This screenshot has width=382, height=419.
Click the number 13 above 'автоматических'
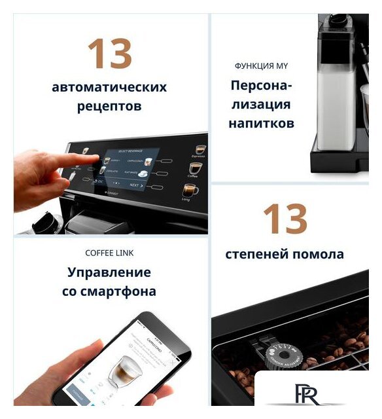(x=110, y=54)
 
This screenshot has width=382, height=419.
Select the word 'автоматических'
(x=109, y=87)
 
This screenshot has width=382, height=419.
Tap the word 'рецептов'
(x=109, y=106)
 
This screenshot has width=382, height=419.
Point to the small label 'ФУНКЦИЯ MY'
(x=261, y=66)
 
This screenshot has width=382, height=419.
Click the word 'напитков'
(x=261, y=123)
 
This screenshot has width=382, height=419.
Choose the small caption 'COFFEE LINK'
(x=109, y=253)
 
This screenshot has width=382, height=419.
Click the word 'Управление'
(x=109, y=272)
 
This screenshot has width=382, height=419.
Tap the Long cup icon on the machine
(x=189, y=191)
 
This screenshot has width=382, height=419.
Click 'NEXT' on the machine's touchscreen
(x=134, y=185)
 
